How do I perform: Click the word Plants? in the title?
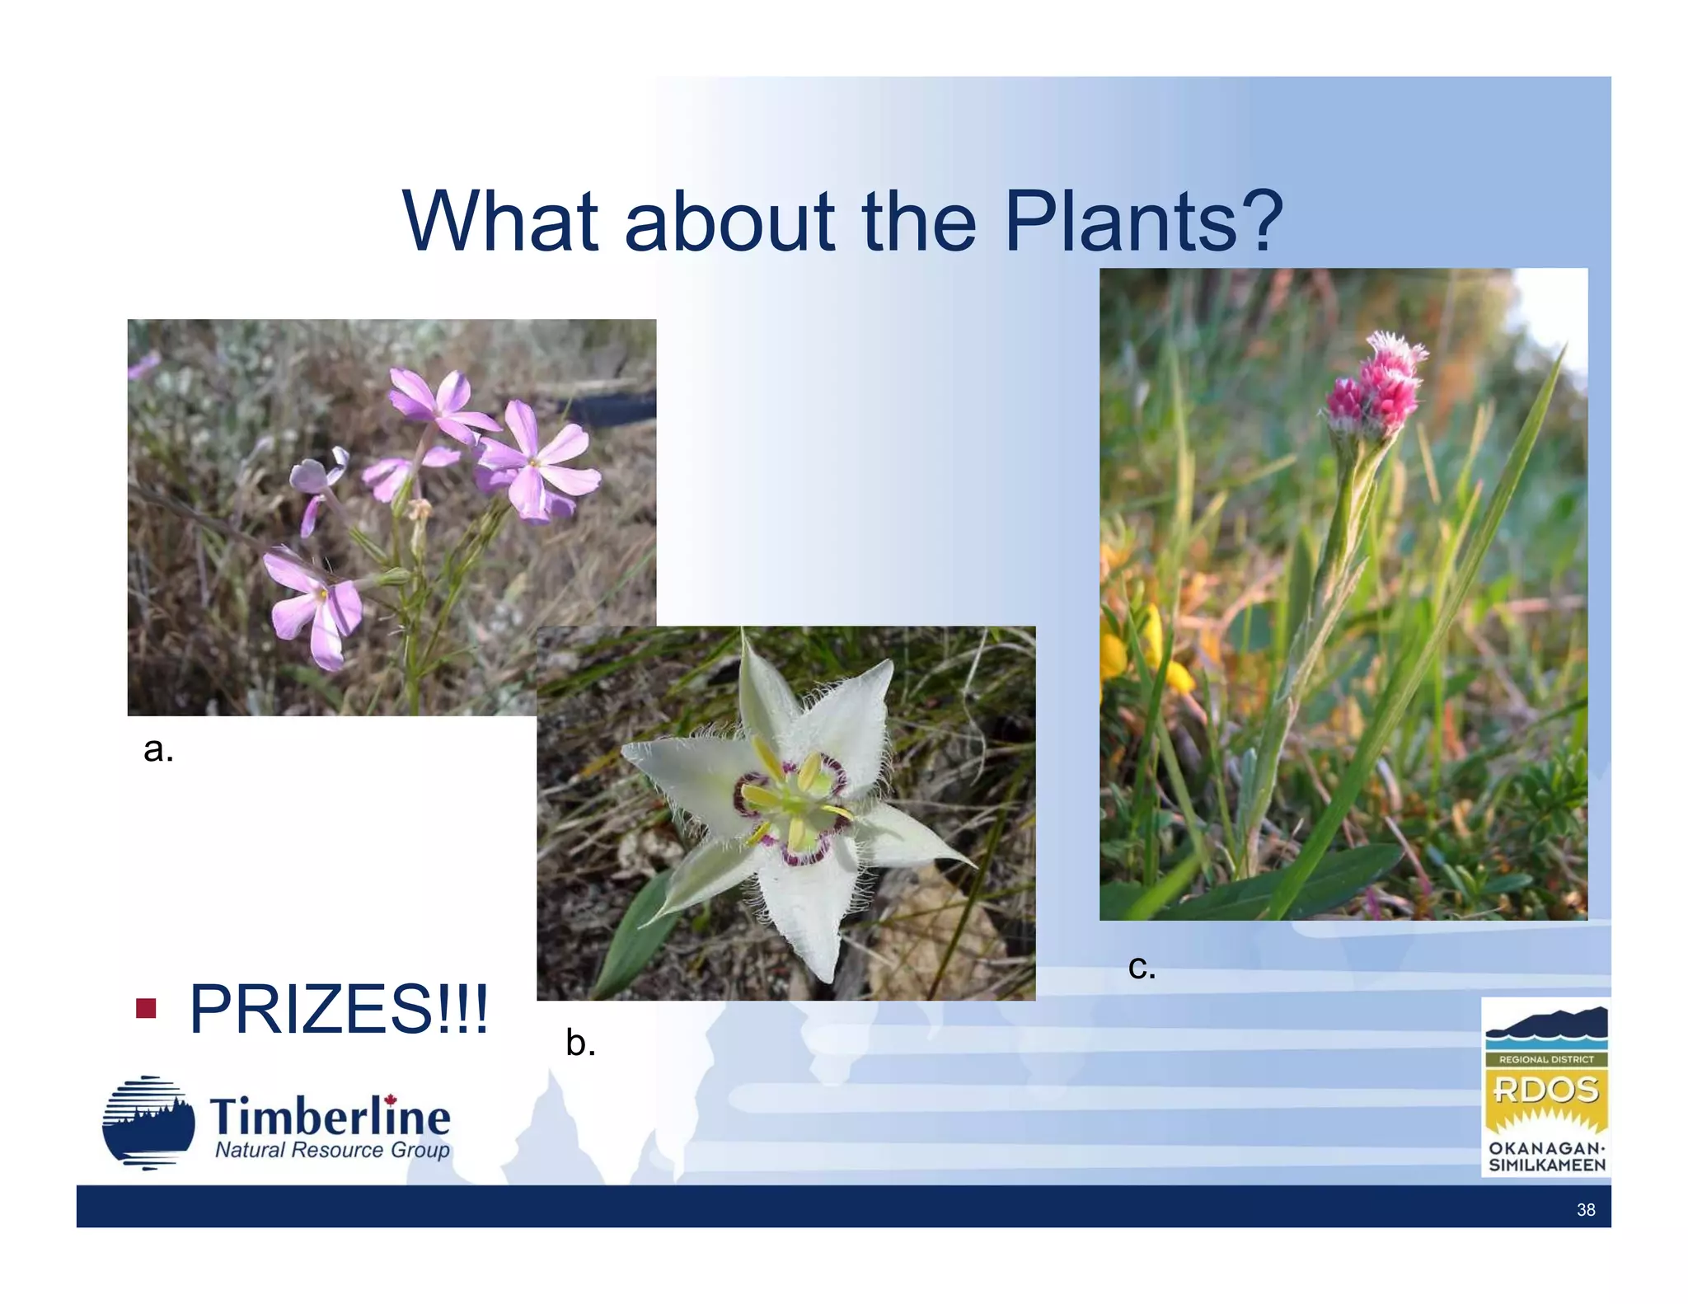tap(1144, 221)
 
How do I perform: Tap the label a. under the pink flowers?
tap(158, 749)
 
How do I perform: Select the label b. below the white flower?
tap(580, 1043)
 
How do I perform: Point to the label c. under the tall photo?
tap(1142, 966)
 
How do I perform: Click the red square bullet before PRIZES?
tap(146, 1008)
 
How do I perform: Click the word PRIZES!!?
tap(339, 1009)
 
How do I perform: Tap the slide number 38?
tap(1585, 1210)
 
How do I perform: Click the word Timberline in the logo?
tap(330, 1117)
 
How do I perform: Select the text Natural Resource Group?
tap(332, 1150)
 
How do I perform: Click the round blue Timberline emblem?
tap(148, 1123)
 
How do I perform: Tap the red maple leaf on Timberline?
tap(391, 1099)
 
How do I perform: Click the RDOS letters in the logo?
tap(1545, 1091)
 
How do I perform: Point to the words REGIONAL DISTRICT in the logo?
tap(1545, 1059)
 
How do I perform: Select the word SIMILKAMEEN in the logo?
tap(1546, 1166)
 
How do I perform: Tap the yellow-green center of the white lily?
tap(793, 804)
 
